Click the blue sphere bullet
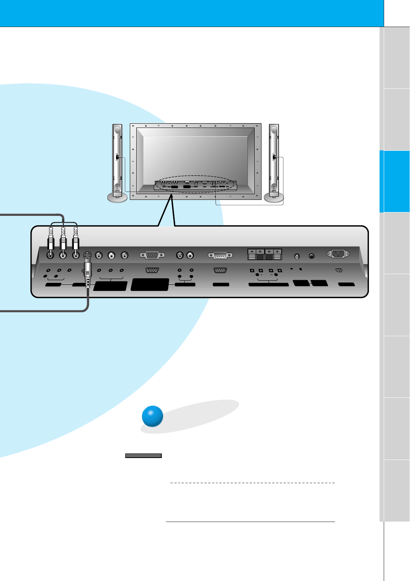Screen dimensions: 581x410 point(152,416)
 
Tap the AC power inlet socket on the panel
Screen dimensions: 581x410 point(338,254)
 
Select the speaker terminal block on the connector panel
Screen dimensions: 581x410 point(265,254)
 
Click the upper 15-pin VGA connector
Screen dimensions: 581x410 point(152,255)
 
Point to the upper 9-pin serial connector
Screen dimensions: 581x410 point(220,255)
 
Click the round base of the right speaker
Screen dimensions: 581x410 point(274,198)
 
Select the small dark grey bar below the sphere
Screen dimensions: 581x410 point(144,456)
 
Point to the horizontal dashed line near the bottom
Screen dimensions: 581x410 point(252,483)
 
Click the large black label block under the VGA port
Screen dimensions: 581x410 point(150,285)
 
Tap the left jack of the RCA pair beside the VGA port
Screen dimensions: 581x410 point(180,255)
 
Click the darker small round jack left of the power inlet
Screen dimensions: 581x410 point(311,256)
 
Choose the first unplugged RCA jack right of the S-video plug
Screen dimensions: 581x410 point(99,255)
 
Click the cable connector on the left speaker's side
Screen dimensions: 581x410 point(118,157)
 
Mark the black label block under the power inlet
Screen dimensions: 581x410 point(346,284)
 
